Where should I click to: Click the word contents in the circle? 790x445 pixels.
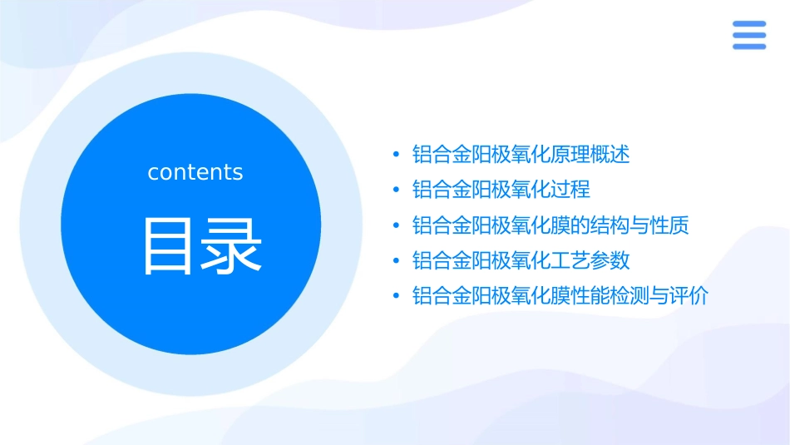click(195, 172)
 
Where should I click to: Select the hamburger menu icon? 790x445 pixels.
click(748, 35)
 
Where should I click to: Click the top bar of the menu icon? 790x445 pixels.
click(748, 24)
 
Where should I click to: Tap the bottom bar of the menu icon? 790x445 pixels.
click(748, 46)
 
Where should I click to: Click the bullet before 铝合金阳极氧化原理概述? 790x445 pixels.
click(397, 155)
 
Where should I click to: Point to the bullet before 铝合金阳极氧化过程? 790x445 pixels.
click(397, 190)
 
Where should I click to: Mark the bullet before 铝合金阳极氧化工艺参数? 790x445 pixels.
click(397, 261)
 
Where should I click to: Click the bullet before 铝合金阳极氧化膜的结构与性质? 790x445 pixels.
click(397, 226)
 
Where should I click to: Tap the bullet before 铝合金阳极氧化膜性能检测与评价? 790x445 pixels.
click(397, 297)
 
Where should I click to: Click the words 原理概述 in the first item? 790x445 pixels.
click(590, 155)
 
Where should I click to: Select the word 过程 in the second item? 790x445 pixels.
click(570, 190)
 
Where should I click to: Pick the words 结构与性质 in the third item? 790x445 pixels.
click(639, 225)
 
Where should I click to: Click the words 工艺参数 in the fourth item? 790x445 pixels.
click(590, 261)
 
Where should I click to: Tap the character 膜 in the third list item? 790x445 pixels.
click(561, 225)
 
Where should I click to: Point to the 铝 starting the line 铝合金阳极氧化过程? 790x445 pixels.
click(422, 190)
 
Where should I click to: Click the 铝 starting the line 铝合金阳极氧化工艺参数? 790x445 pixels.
click(422, 261)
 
